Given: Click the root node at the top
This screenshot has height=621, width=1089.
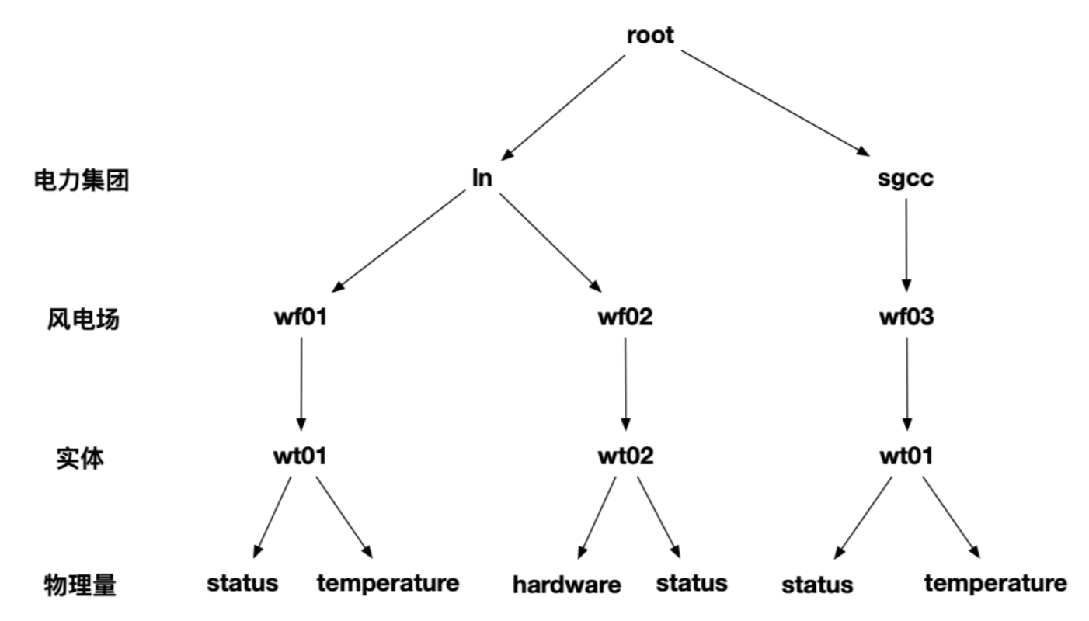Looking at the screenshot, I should tap(651, 36).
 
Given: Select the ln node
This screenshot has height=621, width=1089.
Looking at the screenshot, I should tap(482, 179).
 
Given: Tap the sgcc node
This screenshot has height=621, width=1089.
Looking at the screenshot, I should tap(905, 179).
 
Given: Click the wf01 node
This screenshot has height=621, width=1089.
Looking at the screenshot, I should tap(299, 318).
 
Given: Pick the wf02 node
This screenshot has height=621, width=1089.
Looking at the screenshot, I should tap(625, 318).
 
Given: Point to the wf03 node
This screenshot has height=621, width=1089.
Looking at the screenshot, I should tap(905, 318).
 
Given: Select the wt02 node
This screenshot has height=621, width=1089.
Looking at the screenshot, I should tap(625, 456).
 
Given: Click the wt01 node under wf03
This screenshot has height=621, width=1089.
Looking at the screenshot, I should tap(905, 456).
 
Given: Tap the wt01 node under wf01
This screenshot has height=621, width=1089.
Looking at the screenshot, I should tap(299, 456).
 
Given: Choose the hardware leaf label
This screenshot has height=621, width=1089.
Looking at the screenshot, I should tap(567, 585).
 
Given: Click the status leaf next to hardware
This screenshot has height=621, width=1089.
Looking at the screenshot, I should tap(691, 582).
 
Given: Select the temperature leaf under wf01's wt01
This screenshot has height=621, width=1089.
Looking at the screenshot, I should tap(388, 582).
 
